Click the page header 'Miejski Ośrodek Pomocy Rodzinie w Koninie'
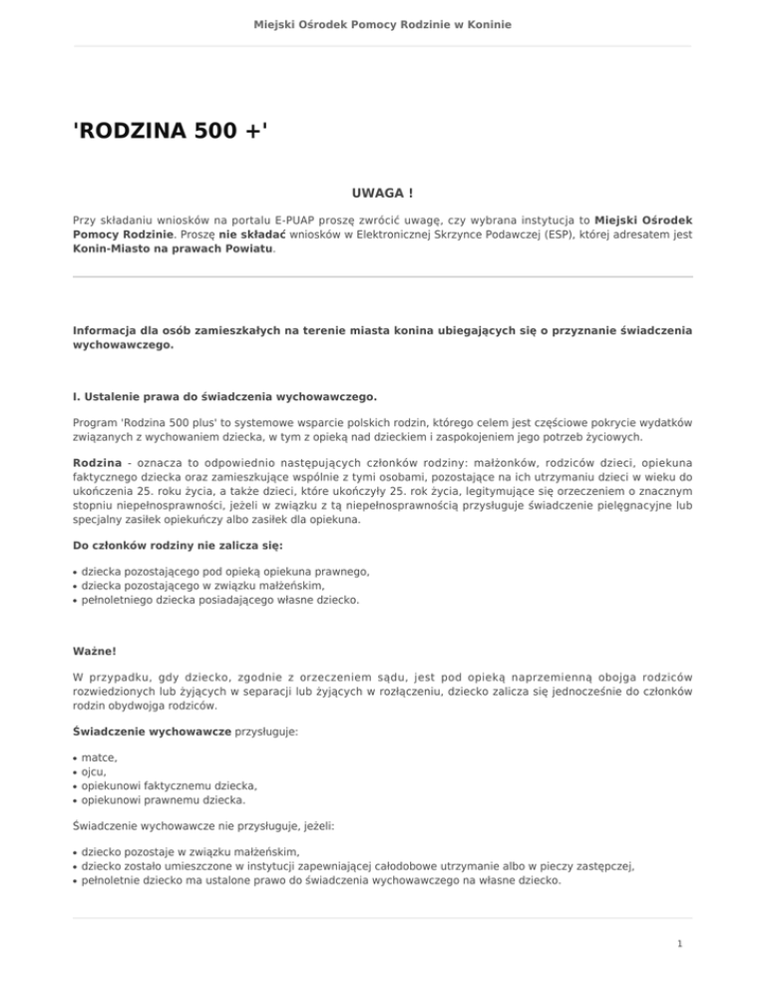[383, 23]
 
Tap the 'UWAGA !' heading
[383, 191]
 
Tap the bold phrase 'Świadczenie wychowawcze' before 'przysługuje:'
[152, 732]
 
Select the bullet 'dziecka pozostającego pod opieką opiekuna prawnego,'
[225, 572]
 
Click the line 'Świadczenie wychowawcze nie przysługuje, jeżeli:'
[217, 827]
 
